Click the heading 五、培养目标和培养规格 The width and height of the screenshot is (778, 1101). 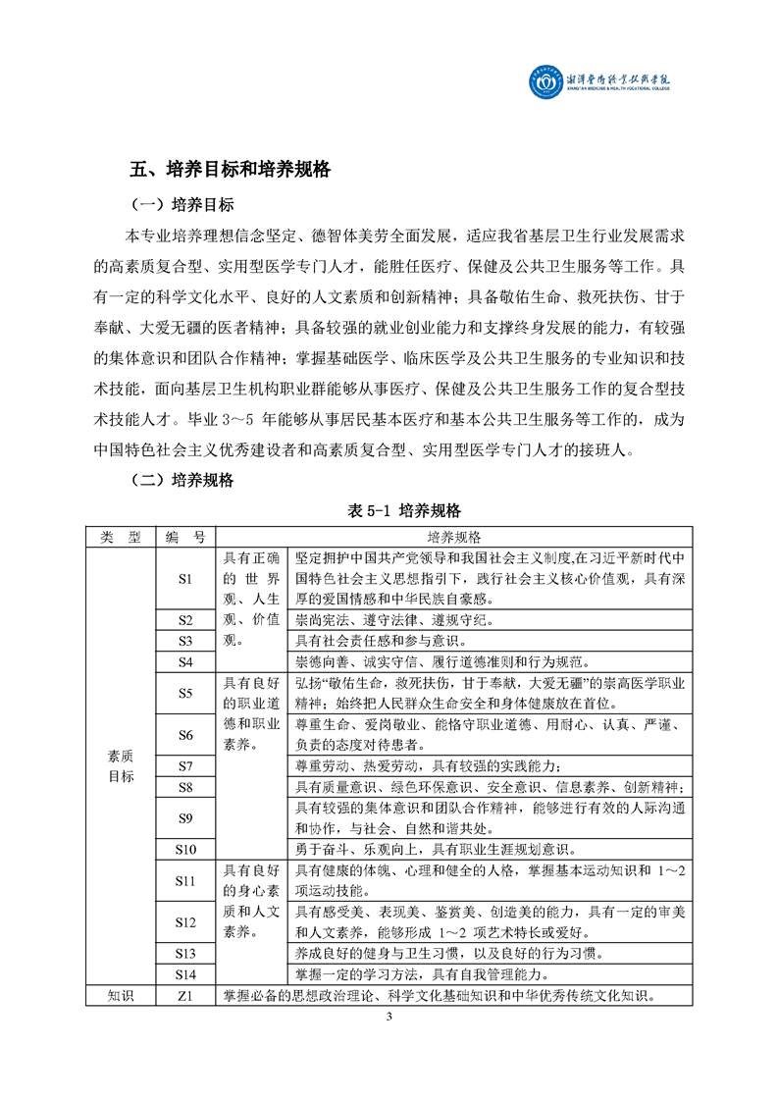pos(231,169)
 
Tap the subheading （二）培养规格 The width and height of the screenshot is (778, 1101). pos(182,480)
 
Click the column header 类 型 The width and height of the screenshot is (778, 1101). pos(121,537)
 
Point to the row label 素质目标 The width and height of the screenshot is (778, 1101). pos(121,765)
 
